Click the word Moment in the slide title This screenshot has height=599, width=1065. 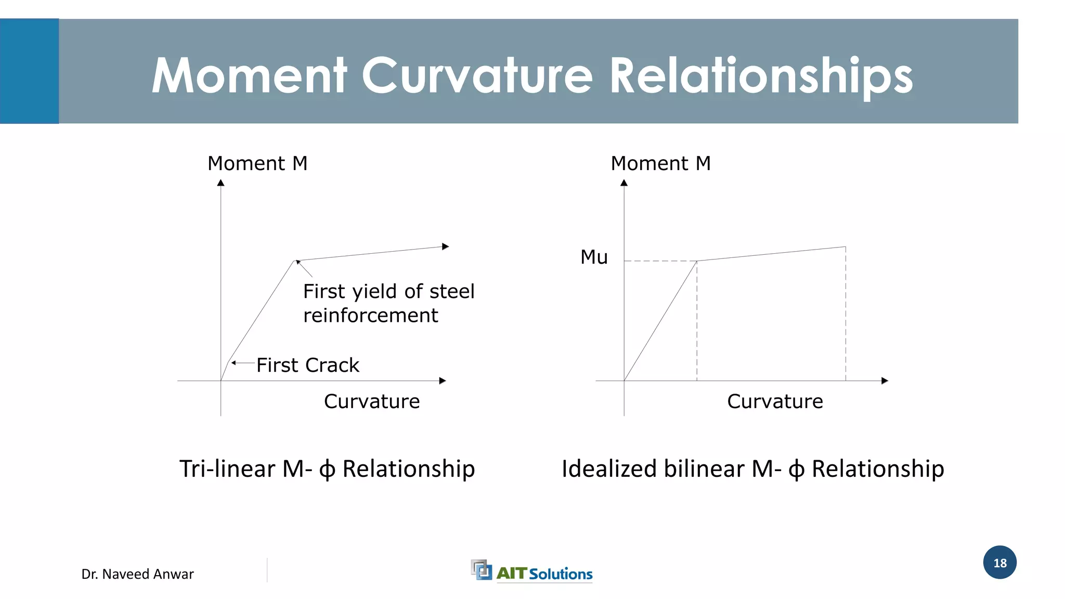coord(249,76)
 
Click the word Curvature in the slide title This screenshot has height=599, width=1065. coord(477,76)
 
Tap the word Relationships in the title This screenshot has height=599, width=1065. coord(760,76)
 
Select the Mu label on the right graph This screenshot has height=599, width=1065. coord(594,257)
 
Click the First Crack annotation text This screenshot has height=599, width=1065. coord(308,365)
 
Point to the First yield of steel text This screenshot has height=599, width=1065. coord(388,292)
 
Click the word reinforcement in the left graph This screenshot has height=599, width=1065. coord(370,316)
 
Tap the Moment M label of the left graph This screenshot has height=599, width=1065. coord(257,163)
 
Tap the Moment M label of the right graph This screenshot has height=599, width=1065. coord(660,163)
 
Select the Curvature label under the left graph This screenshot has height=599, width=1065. coord(372,401)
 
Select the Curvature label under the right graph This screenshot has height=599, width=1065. coord(775,401)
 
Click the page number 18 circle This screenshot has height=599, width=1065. coord(999,563)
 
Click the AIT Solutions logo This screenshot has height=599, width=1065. coord(531,571)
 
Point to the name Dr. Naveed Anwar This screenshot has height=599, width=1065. coord(137,574)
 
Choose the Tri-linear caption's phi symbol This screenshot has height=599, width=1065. coord(327,470)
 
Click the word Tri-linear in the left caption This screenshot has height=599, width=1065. coord(227,469)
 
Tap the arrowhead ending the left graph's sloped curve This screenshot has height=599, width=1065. coord(445,246)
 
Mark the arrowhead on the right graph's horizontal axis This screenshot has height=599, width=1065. coord(885,381)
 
